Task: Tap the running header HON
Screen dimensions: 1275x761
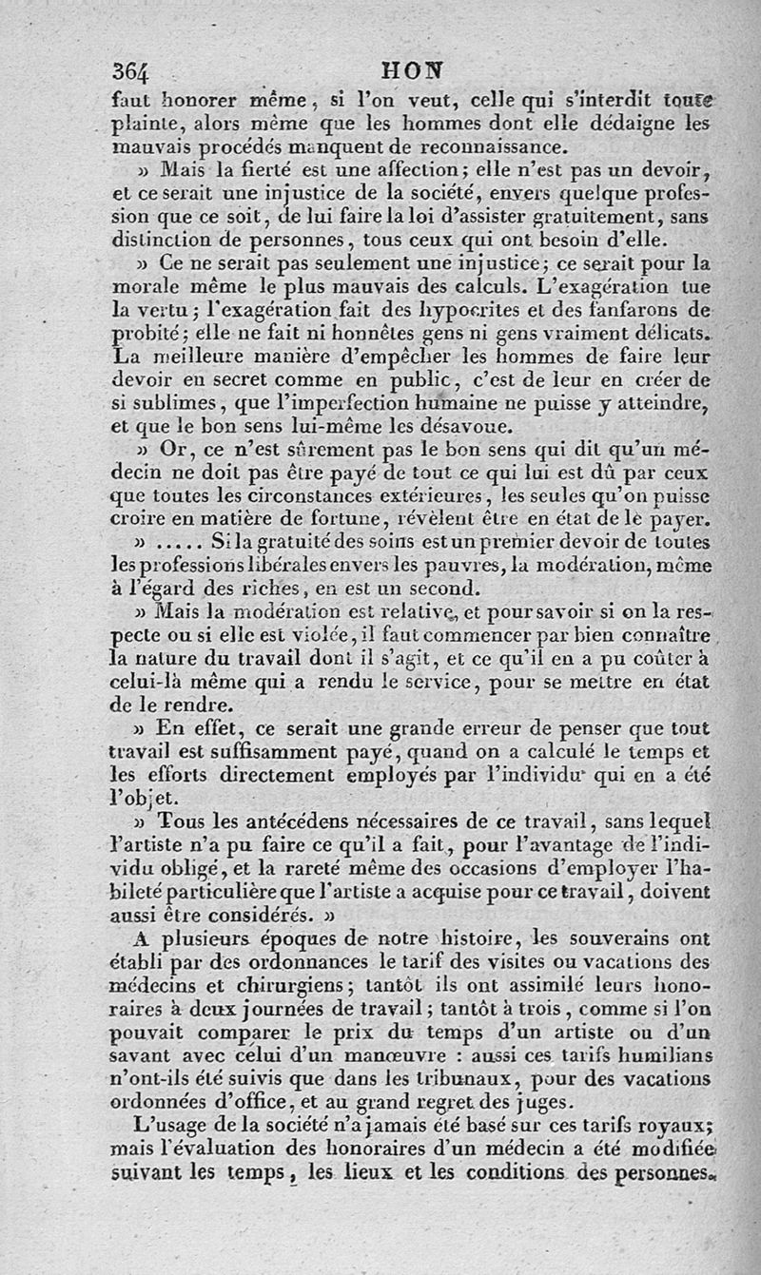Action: point(410,69)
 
